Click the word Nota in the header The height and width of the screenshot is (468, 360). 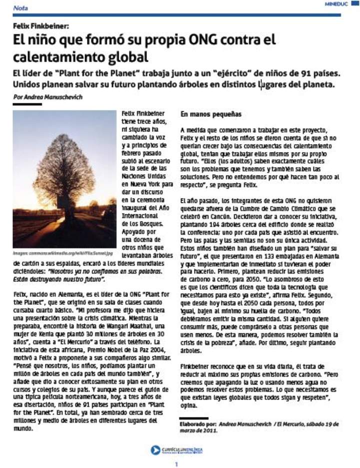click(x=20, y=8)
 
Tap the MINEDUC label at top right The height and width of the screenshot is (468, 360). click(x=335, y=3)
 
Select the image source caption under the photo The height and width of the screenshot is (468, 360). click(x=63, y=253)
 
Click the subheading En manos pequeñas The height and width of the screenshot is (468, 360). click(x=203, y=114)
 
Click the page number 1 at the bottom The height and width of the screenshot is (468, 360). click(x=176, y=464)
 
